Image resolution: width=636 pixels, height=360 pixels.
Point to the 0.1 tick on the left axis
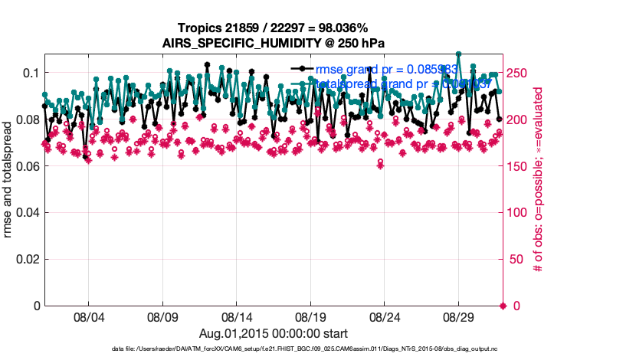click(30, 73)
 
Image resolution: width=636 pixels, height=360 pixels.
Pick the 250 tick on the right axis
click(520, 73)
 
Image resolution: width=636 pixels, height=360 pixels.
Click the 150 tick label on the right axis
click(520, 166)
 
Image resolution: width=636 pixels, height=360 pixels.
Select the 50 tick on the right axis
click(517, 260)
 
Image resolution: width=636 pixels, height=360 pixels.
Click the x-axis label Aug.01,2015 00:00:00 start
click(274, 333)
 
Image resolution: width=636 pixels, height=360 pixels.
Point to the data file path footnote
click(274, 349)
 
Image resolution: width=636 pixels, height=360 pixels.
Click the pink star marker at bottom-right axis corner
click(503, 306)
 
